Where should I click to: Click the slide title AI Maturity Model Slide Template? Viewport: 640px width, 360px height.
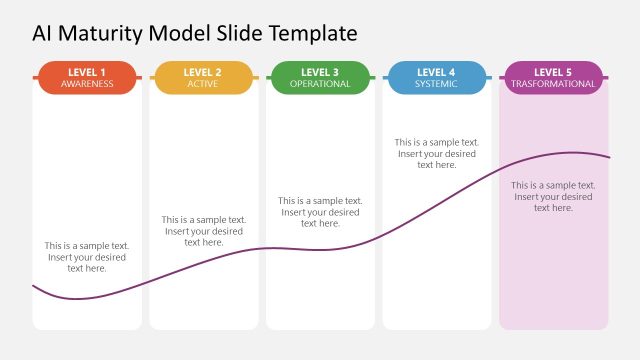194,33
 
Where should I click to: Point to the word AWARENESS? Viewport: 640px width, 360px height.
87,84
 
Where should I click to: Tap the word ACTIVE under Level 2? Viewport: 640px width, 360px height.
203,84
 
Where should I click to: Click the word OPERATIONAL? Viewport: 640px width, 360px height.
320,84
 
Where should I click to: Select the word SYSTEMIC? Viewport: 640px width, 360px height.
436,84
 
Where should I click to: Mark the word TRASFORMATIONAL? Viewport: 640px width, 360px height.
553,84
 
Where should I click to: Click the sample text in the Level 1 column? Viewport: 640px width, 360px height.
87,257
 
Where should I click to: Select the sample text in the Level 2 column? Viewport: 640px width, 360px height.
203,231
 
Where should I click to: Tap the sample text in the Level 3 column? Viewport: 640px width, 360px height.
320,212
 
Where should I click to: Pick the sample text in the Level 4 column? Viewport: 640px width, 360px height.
436,153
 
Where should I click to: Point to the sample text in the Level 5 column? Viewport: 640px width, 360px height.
553,196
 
